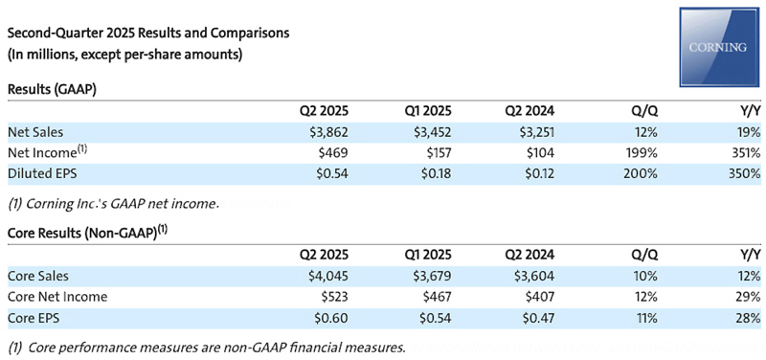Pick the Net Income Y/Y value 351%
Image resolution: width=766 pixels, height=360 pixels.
click(x=743, y=153)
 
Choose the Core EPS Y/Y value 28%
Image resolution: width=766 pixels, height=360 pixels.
click(x=746, y=317)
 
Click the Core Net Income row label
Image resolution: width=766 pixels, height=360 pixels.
click(x=57, y=297)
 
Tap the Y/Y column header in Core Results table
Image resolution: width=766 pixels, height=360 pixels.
click(x=748, y=255)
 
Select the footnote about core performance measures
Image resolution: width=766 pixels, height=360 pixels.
click(x=206, y=347)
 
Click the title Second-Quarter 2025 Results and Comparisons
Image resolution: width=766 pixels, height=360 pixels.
click(x=148, y=34)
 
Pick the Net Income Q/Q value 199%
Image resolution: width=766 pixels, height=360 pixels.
click(x=640, y=153)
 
